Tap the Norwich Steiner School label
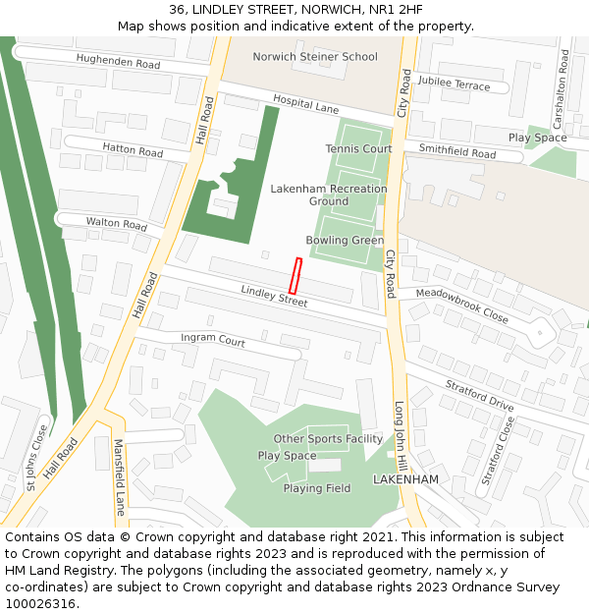[x=314, y=57]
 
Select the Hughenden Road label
[x=118, y=63]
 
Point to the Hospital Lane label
[x=305, y=104]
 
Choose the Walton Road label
[x=116, y=224]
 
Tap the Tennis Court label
[x=358, y=149]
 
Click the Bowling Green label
[x=345, y=241]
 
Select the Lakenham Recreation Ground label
[x=329, y=195]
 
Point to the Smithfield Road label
[x=457, y=152]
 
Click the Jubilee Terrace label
[x=454, y=84]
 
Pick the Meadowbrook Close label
[x=461, y=306]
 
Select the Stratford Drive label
[x=479, y=395]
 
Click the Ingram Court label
[x=213, y=340]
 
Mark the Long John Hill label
[x=400, y=432]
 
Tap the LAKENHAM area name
[x=405, y=478]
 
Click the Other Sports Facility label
[x=328, y=439]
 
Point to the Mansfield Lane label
[x=119, y=477]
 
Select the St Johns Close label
[x=37, y=457]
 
